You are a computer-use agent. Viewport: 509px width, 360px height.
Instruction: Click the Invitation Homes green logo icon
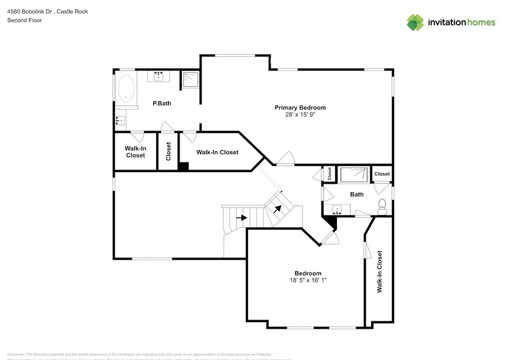(x=416, y=22)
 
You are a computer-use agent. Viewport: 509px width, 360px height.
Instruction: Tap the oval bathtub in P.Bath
(x=127, y=88)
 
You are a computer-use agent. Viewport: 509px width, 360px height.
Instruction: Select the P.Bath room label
(x=162, y=103)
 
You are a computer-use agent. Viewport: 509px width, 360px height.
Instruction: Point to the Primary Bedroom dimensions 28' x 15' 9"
(x=300, y=114)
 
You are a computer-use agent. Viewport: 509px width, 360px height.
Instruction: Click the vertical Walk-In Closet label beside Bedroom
(x=380, y=271)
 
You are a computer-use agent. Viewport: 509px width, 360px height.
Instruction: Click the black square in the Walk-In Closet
(x=183, y=165)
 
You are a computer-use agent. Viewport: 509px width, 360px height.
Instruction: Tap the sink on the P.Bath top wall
(x=160, y=76)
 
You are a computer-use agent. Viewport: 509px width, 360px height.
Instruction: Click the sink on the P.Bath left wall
(x=120, y=121)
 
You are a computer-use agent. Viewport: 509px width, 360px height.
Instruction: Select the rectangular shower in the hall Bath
(x=354, y=175)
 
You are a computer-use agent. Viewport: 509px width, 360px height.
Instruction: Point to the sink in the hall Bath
(x=336, y=210)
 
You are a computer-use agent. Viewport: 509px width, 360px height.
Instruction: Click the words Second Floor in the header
(x=25, y=20)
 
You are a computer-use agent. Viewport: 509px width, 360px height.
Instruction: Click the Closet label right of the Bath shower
(x=382, y=174)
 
